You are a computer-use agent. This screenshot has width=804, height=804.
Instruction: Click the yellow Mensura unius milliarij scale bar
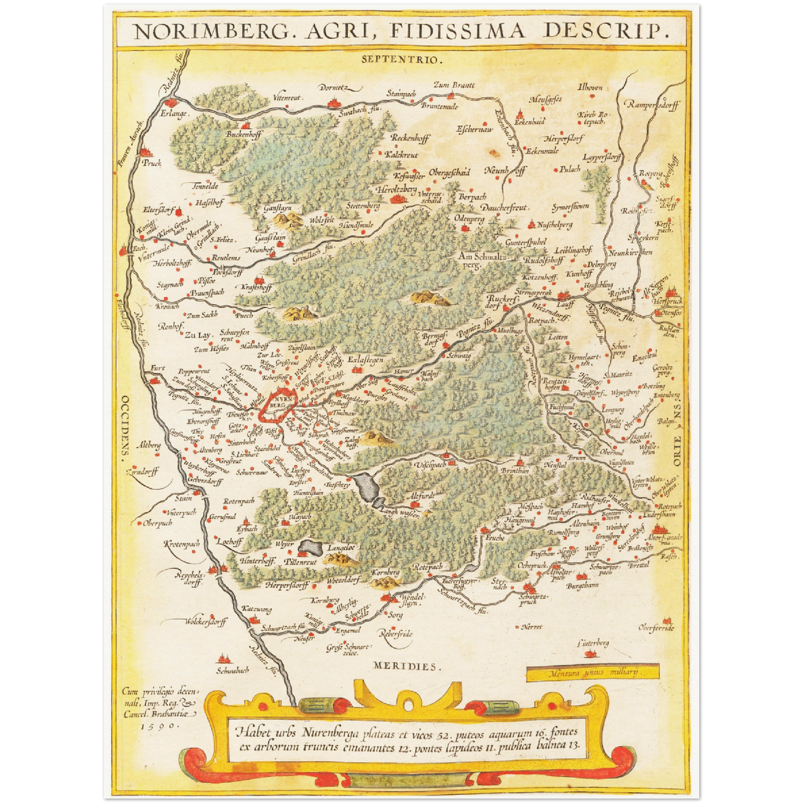593,672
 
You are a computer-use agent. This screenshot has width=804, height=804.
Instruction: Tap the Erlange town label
174,114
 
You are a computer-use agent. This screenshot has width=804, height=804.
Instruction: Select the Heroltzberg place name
396,190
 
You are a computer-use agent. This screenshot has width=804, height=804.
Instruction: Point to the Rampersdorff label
652,105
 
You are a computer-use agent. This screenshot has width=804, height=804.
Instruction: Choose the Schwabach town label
232,670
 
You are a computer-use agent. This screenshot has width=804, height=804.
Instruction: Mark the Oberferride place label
656,628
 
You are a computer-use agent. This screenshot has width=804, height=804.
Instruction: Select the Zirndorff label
142,472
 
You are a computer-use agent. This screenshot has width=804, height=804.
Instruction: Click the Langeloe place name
341,547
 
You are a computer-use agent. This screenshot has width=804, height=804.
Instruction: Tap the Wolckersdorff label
205,622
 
